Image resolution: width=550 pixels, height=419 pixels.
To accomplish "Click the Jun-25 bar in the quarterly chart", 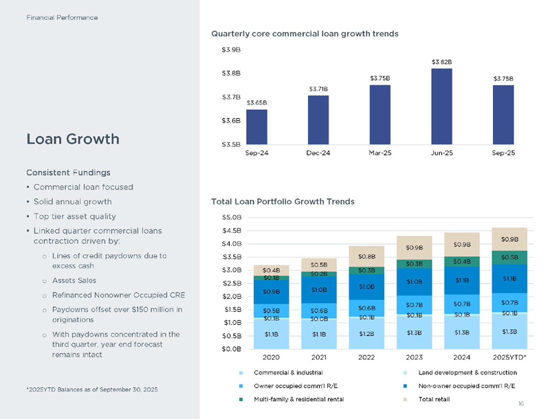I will coord(442,106).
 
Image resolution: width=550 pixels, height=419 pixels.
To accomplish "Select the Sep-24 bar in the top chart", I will coord(256,126).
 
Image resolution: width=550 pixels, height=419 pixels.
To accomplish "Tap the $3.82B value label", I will coord(442,62).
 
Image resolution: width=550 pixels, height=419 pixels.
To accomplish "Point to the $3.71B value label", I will coord(318,89).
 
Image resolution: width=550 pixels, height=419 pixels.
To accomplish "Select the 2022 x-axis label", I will coord(366,356).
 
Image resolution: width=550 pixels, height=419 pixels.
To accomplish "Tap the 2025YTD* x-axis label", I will coord(509,356).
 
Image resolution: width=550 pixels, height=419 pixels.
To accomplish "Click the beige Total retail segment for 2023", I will coord(414,247).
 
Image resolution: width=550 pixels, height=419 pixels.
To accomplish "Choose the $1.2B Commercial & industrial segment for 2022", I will coord(366,334).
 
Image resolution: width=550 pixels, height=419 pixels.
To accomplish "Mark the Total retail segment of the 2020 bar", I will coord(270,270).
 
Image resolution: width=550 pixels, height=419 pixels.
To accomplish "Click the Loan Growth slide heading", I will coord(72,139).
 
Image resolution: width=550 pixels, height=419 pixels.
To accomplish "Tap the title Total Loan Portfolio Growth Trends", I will coord(283,201).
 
